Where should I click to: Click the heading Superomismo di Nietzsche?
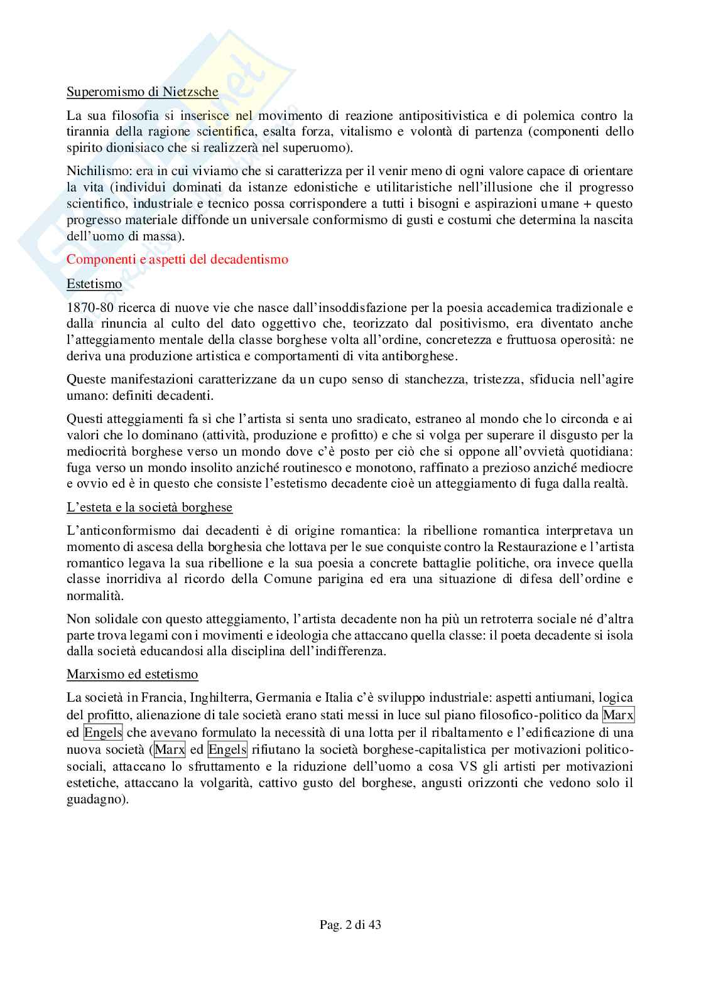pos(142,92)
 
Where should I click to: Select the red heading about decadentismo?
pos(177,259)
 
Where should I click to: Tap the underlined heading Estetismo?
pos(94,284)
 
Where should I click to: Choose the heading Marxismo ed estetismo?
pos(132,674)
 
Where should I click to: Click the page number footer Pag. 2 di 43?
pos(350,924)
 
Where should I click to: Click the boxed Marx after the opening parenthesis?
pos(170,749)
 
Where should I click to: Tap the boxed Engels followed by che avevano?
pos(103,732)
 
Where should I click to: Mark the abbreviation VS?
pos(467,766)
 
